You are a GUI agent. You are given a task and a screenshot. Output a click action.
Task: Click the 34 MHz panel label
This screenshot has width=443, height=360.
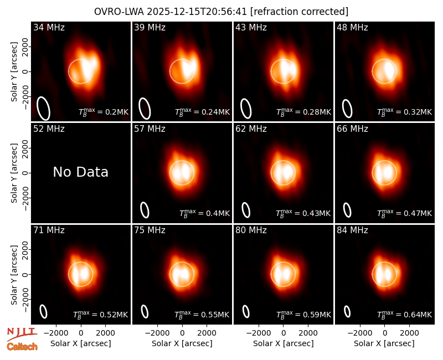pyautogui.click(x=49, y=27)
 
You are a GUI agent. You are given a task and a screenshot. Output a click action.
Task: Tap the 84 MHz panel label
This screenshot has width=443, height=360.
pyautogui.click(x=352, y=230)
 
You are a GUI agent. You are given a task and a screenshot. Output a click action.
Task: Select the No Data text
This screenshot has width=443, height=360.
pyautogui.click(x=80, y=172)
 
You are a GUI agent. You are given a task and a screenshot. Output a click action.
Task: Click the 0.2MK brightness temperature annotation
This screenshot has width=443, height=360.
pyautogui.click(x=104, y=112)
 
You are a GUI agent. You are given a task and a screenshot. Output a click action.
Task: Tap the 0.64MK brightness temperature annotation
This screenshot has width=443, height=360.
pyautogui.click(x=405, y=314)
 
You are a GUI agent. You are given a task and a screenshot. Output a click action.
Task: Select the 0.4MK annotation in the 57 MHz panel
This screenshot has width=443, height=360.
pyautogui.click(x=204, y=213)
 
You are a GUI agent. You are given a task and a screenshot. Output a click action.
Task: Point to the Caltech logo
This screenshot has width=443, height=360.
pyautogui.click(x=22, y=347)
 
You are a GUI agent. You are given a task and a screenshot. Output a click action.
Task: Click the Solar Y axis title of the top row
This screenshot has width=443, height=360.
pyautogui.click(x=14, y=72)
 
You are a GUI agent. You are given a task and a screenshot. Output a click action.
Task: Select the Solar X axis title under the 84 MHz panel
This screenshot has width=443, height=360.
pyautogui.click(x=384, y=343)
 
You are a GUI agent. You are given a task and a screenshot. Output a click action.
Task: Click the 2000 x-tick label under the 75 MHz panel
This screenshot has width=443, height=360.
pyautogui.click(x=207, y=333)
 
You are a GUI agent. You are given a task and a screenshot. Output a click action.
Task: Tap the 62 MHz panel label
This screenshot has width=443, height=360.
pyautogui.click(x=251, y=129)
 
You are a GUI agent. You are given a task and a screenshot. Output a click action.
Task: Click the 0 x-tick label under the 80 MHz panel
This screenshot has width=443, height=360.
pyautogui.click(x=284, y=333)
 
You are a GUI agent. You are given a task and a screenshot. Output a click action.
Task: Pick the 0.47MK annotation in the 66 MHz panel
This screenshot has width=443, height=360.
pyautogui.click(x=405, y=213)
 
